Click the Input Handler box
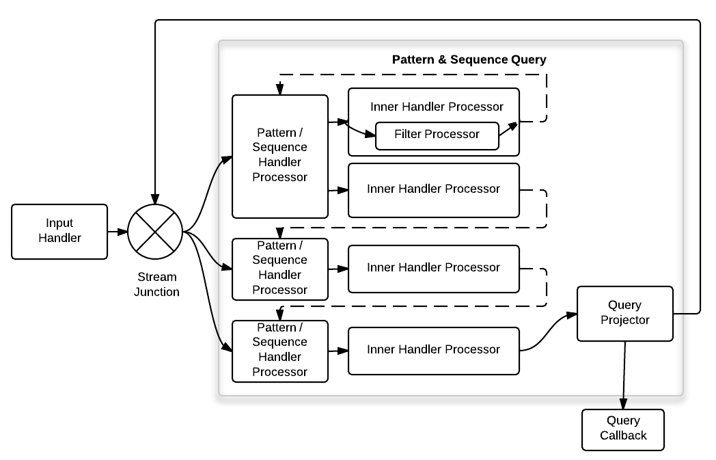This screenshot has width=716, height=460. [x=59, y=231]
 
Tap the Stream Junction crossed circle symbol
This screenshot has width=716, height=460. [x=155, y=231]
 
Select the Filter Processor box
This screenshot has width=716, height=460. [x=437, y=134]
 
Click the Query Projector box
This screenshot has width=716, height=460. [x=624, y=312]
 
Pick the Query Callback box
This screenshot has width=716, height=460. [x=622, y=429]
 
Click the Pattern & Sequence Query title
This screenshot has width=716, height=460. [x=469, y=59]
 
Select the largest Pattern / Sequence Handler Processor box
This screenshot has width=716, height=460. [x=279, y=156]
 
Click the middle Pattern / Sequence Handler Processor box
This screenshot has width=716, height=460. [x=279, y=268]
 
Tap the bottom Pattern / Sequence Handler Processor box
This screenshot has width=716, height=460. [x=279, y=350]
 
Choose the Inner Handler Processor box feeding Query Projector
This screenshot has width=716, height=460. [x=433, y=350]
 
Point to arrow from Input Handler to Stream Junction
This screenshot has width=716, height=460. [x=118, y=231]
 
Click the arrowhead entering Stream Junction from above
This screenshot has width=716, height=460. [x=156, y=199]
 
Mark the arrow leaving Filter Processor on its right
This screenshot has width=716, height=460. [x=508, y=129]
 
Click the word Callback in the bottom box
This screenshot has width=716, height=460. [x=623, y=435]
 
